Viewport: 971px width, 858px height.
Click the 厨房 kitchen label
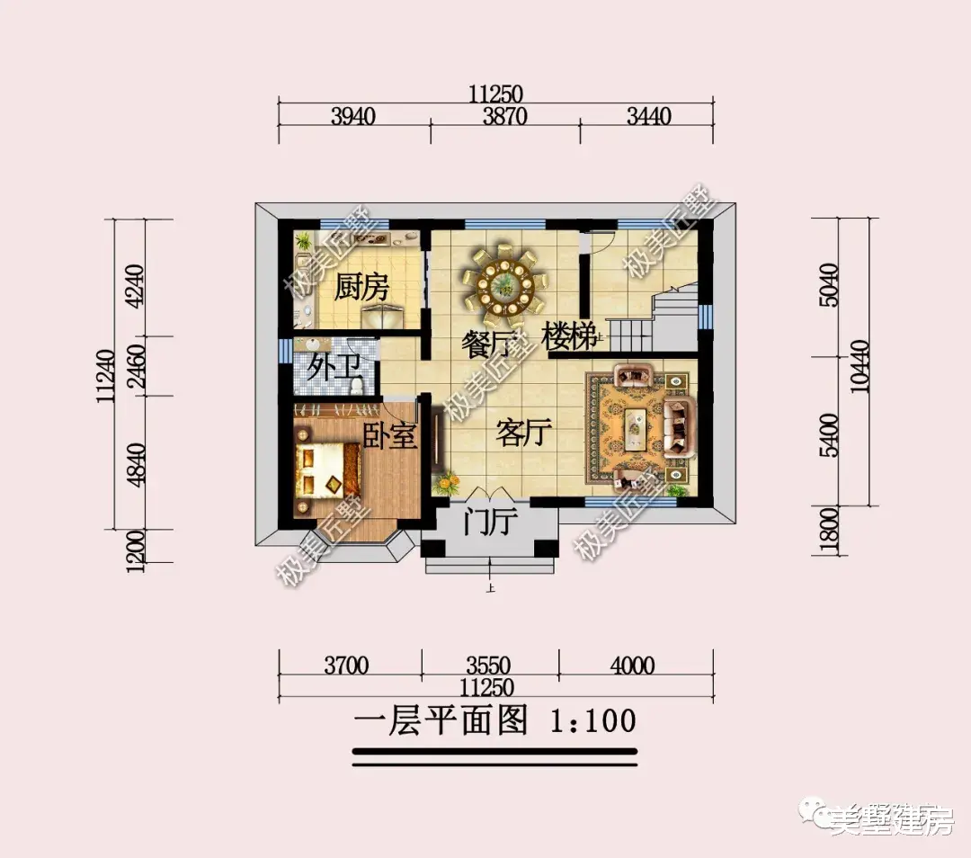point(361,289)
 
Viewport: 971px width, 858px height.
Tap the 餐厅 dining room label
point(488,343)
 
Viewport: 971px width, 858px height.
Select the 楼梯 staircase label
point(570,339)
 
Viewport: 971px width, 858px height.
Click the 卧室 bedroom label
point(390,436)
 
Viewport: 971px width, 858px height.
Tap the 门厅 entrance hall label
point(488,521)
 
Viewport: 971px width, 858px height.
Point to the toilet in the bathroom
point(359,384)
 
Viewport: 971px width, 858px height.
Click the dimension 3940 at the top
point(352,116)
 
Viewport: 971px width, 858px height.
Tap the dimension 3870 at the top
point(504,116)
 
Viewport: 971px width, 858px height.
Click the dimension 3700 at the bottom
point(346,666)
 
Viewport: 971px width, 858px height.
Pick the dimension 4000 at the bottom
point(631,666)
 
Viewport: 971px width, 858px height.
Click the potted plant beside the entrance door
point(446,484)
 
